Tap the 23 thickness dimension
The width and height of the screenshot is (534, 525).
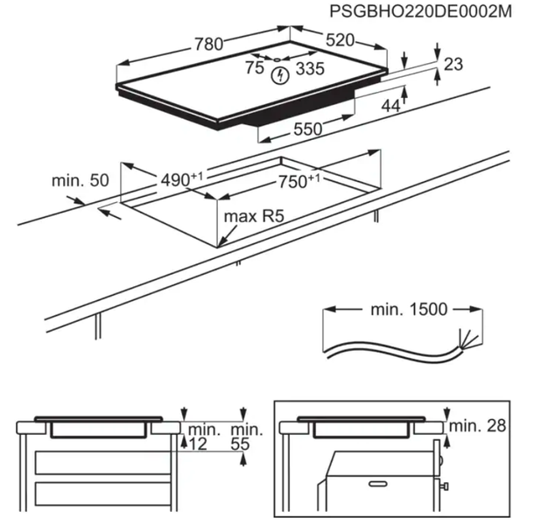453,64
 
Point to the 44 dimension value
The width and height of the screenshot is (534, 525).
390,105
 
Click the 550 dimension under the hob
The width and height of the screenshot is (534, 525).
307,129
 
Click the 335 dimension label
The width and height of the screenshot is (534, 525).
307,69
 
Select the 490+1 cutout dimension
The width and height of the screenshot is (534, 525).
181,178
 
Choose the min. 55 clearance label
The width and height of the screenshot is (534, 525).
245,437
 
